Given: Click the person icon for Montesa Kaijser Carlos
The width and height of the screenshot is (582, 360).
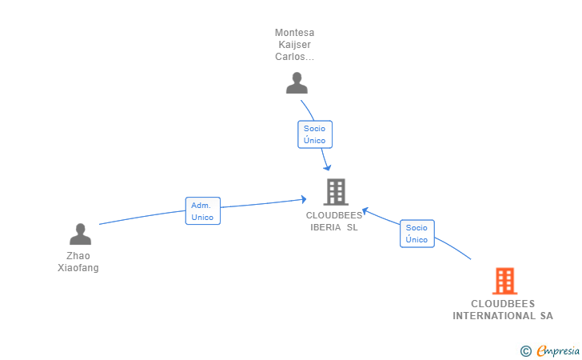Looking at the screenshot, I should (297, 83).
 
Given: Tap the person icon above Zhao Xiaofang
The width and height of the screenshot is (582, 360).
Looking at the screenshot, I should (80, 234).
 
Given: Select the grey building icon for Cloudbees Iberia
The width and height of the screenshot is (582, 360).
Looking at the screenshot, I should (336, 192).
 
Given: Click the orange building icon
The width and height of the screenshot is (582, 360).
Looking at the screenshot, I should (504, 281).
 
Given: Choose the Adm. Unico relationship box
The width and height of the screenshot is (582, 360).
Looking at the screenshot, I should (202, 211).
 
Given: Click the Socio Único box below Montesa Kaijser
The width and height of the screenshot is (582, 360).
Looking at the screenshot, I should (314, 134).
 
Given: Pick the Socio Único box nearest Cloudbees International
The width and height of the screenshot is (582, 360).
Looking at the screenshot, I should (417, 234).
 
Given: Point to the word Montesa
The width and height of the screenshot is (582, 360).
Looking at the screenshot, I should (294, 33).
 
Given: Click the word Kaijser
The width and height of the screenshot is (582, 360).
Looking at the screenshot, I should (294, 45).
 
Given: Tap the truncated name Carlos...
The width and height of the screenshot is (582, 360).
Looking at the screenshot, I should (294, 57).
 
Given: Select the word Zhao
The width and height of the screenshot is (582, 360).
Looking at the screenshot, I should (78, 256).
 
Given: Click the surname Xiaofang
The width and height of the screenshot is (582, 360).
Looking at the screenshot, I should (78, 268).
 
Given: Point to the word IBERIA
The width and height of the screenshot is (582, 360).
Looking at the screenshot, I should (326, 227).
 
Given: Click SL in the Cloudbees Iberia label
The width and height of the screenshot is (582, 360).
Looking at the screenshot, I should (353, 227).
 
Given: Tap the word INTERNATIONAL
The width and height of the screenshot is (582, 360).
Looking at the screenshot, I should (492, 316).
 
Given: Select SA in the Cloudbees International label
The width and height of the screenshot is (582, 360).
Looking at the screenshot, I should (545, 316).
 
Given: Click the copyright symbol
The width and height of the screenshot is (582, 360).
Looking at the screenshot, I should (525, 350).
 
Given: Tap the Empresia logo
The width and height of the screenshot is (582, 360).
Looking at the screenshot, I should (557, 350).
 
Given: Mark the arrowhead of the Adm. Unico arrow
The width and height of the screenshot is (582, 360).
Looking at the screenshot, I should (304, 198).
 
